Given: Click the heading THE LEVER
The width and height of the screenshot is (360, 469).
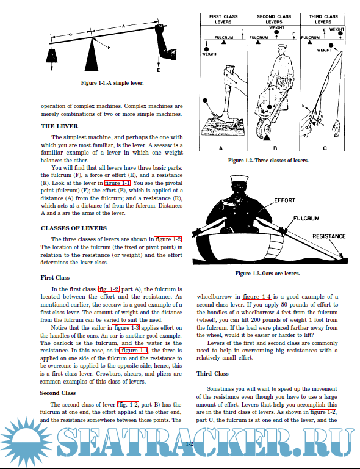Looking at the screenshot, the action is [x=59, y=126].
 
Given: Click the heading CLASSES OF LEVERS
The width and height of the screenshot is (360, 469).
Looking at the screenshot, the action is [x=74, y=228].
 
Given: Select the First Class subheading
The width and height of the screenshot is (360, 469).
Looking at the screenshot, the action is [x=55, y=278].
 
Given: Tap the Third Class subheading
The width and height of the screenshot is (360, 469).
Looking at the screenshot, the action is [x=212, y=374].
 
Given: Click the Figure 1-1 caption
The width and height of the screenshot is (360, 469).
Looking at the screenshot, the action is [x=112, y=83].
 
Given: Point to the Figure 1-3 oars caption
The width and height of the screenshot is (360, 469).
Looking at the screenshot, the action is [x=268, y=274].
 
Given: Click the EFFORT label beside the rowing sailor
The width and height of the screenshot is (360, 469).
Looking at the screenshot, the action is [x=285, y=200].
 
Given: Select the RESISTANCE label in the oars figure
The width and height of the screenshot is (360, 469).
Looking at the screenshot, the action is [x=329, y=236].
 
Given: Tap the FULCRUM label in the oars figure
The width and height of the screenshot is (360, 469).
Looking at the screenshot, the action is [x=306, y=219].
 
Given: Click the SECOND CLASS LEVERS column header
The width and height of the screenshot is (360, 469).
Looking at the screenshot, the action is [x=274, y=19].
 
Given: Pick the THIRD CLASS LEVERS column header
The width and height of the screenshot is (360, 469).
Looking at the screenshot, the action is [x=323, y=19].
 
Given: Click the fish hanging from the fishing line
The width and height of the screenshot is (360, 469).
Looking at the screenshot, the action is [x=336, y=127].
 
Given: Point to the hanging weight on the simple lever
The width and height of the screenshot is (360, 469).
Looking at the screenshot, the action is [x=52, y=56].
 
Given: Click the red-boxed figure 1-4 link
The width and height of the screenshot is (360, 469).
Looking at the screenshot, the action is [x=257, y=297].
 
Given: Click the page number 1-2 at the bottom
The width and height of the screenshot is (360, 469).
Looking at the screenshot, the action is [x=189, y=443].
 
